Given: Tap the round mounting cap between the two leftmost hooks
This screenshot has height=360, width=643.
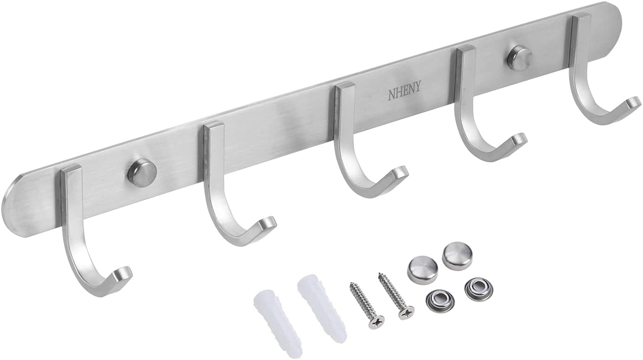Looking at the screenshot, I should [142, 172].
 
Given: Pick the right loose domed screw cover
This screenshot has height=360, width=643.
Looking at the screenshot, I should [456, 254].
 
